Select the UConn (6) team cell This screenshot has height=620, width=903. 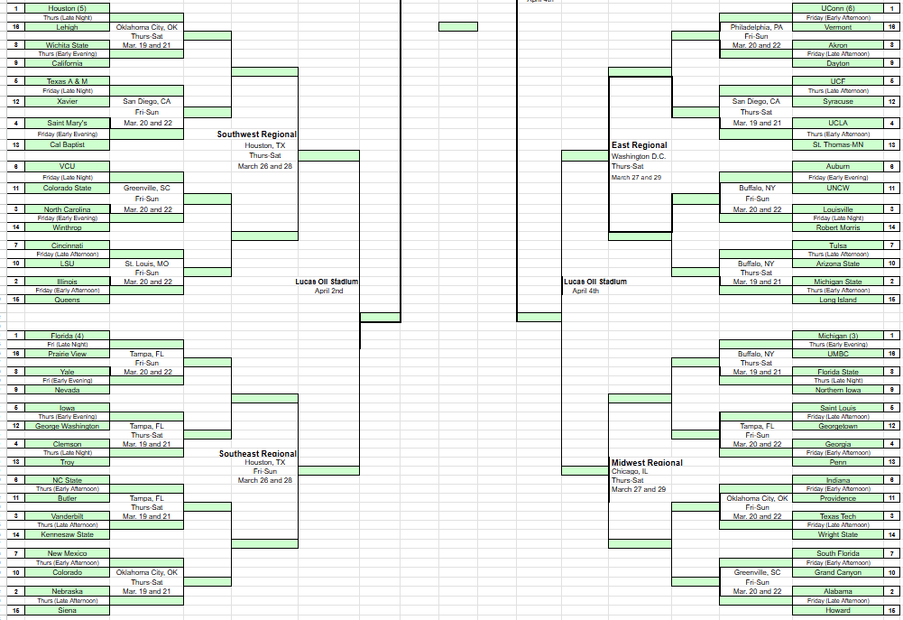(x=837, y=8)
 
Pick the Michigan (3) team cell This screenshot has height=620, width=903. (x=837, y=336)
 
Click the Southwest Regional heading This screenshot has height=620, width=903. (x=257, y=134)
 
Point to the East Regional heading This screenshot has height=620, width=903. (x=640, y=145)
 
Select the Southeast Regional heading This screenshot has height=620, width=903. (x=258, y=454)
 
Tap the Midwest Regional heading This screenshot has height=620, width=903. (x=647, y=463)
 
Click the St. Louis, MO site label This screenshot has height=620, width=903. (x=147, y=264)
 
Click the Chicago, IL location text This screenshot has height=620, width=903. (x=630, y=471)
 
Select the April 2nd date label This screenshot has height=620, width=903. (x=328, y=291)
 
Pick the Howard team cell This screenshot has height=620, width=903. (x=837, y=610)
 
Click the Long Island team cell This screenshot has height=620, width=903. (x=837, y=300)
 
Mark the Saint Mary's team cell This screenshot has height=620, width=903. (x=68, y=124)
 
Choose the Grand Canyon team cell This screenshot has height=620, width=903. (x=837, y=572)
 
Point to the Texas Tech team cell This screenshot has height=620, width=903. (x=837, y=516)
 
